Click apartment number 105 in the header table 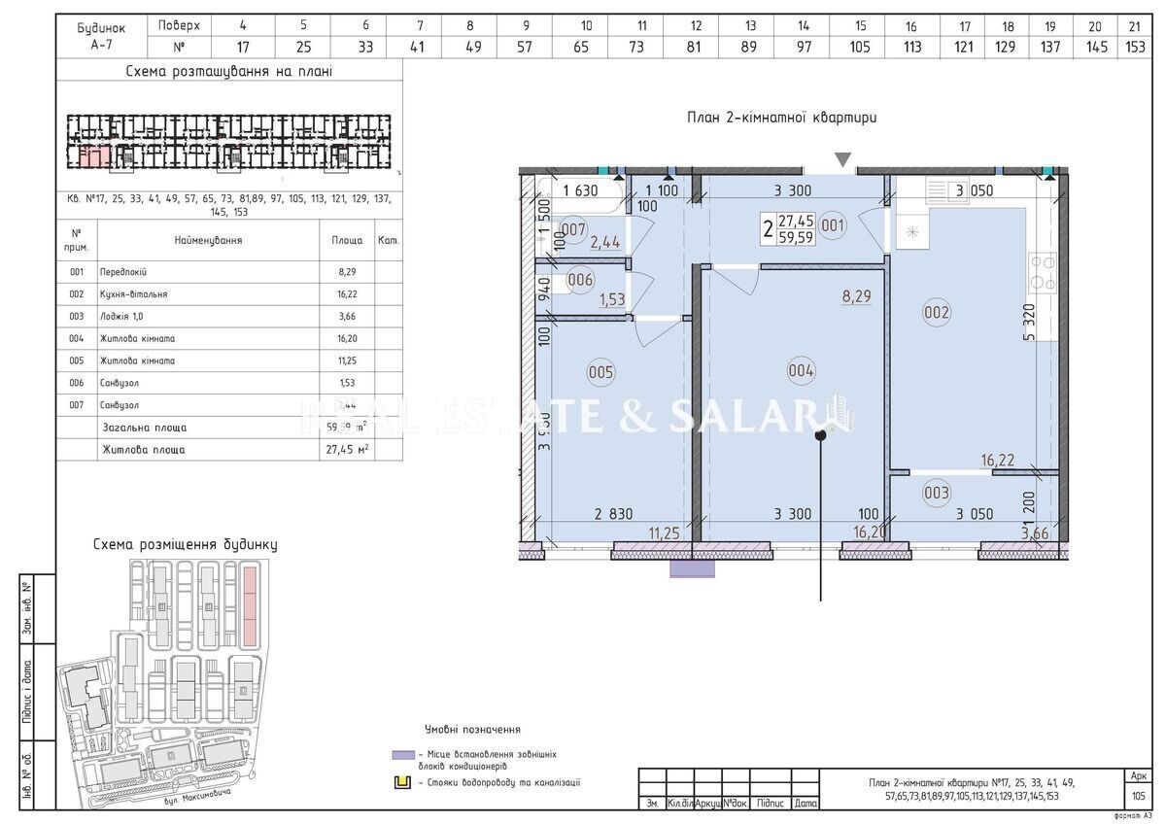coord(861,45)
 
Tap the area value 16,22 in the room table coord(347,293)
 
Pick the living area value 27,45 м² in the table coord(348,450)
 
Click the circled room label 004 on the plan coord(802,369)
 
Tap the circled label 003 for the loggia coord(937,493)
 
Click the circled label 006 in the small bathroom coord(580,280)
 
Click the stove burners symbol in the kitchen coord(1043,272)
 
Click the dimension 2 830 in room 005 coord(612,515)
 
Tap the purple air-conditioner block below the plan coord(692,569)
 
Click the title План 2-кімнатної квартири coord(781,118)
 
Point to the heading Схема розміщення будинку coord(185,544)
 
